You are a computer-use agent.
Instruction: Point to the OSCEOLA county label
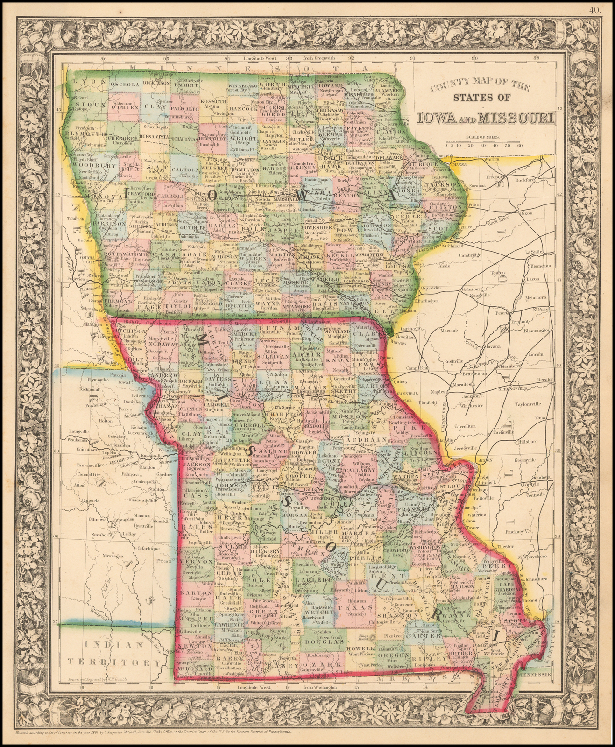click(125, 85)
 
